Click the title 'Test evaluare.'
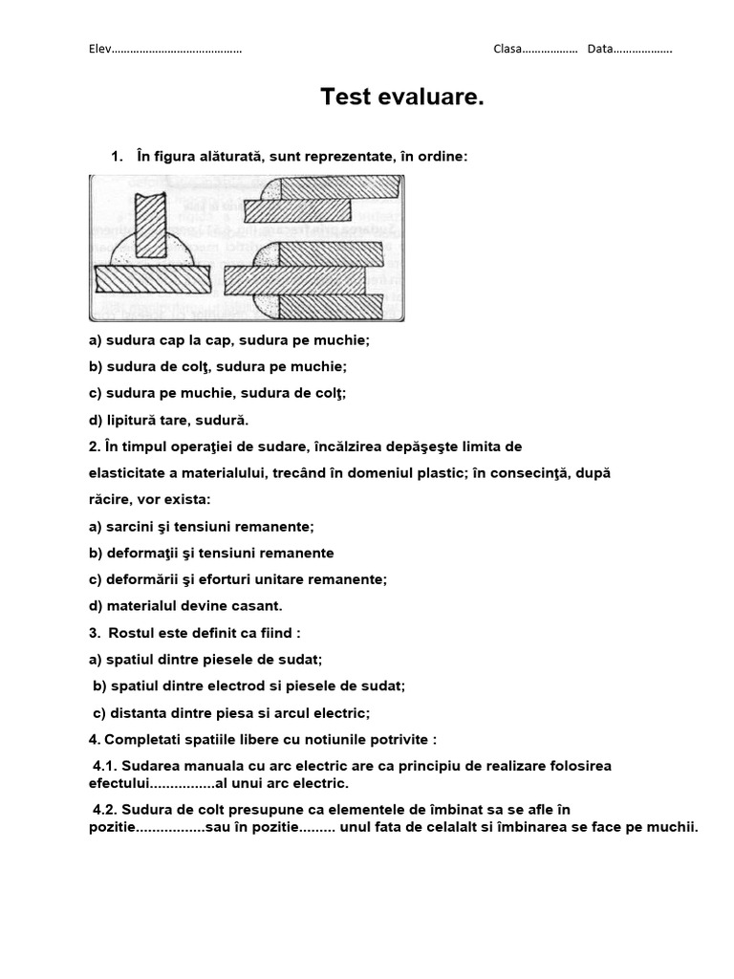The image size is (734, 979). [401, 97]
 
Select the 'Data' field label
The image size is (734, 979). [599, 50]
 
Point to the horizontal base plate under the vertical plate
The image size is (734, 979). [153, 279]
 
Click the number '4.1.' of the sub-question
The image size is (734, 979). [105, 766]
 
